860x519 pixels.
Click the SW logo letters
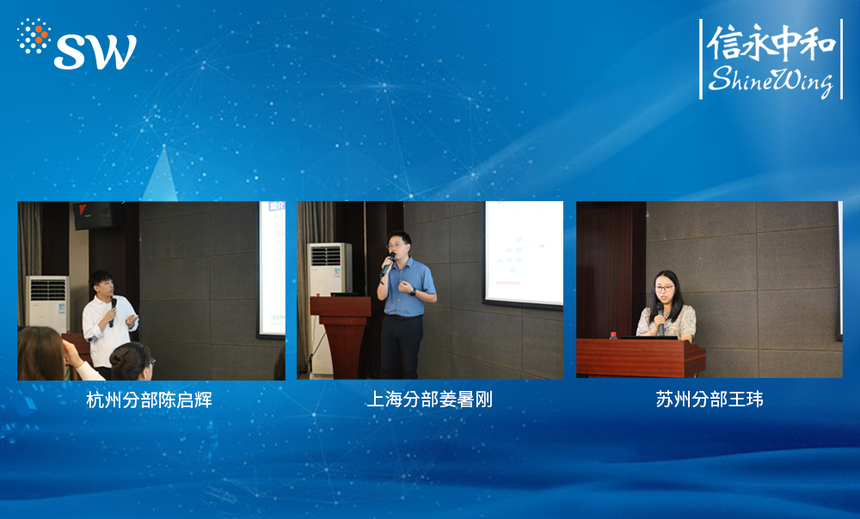click(95, 52)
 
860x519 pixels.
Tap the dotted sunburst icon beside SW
click(34, 35)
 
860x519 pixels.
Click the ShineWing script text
click(771, 81)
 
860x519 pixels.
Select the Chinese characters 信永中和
click(771, 42)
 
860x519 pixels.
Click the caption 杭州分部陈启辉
click(149, 400)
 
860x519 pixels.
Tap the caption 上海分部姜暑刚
click(429, 400)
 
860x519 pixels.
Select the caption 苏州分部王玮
click(709, 399)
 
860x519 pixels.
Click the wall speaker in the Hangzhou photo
click(98, 215)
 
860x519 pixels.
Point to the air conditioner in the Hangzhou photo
click(47, 304)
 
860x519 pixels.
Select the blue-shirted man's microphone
click(388, 264)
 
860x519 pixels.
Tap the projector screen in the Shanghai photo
click(524, 253)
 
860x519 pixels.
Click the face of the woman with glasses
click(664, 290)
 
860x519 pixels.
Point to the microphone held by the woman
click(660, 319)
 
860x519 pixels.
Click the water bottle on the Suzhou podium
click(613, 335)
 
